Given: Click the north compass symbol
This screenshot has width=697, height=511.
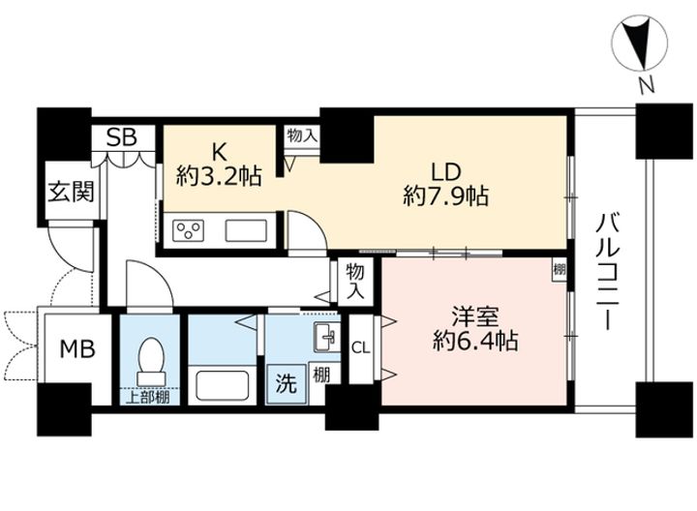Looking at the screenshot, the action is [640, 44].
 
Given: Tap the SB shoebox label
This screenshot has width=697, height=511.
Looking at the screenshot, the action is [121, 137].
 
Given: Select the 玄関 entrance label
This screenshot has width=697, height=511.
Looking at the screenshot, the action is [71, 192].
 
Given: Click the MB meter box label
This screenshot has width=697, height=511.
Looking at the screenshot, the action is [77, 348].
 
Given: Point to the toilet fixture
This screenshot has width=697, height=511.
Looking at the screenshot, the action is [151, 361].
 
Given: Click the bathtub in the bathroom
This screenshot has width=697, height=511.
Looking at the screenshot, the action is [223, 385].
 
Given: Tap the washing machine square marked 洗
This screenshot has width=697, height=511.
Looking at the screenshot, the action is [287, 384].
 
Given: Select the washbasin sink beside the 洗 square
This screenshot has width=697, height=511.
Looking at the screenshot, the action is [327, 337].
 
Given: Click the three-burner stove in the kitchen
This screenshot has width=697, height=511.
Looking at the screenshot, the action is [188, 231].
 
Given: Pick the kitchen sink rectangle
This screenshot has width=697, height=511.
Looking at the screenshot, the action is [246, 230].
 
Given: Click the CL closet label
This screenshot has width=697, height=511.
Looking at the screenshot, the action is [360, 348].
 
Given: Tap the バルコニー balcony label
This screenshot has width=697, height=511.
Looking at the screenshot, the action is [608, 272].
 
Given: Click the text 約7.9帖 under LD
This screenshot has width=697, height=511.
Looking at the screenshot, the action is [446, 195].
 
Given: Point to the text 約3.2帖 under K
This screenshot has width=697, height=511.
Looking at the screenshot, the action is [219, 176].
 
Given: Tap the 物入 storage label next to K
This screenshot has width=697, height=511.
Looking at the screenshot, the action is [302, 135].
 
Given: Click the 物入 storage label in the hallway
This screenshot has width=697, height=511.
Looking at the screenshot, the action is [354, 282].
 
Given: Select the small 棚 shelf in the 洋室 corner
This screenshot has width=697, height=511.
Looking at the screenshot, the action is [559, 269].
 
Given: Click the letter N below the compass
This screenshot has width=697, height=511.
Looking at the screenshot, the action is [647, 85].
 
